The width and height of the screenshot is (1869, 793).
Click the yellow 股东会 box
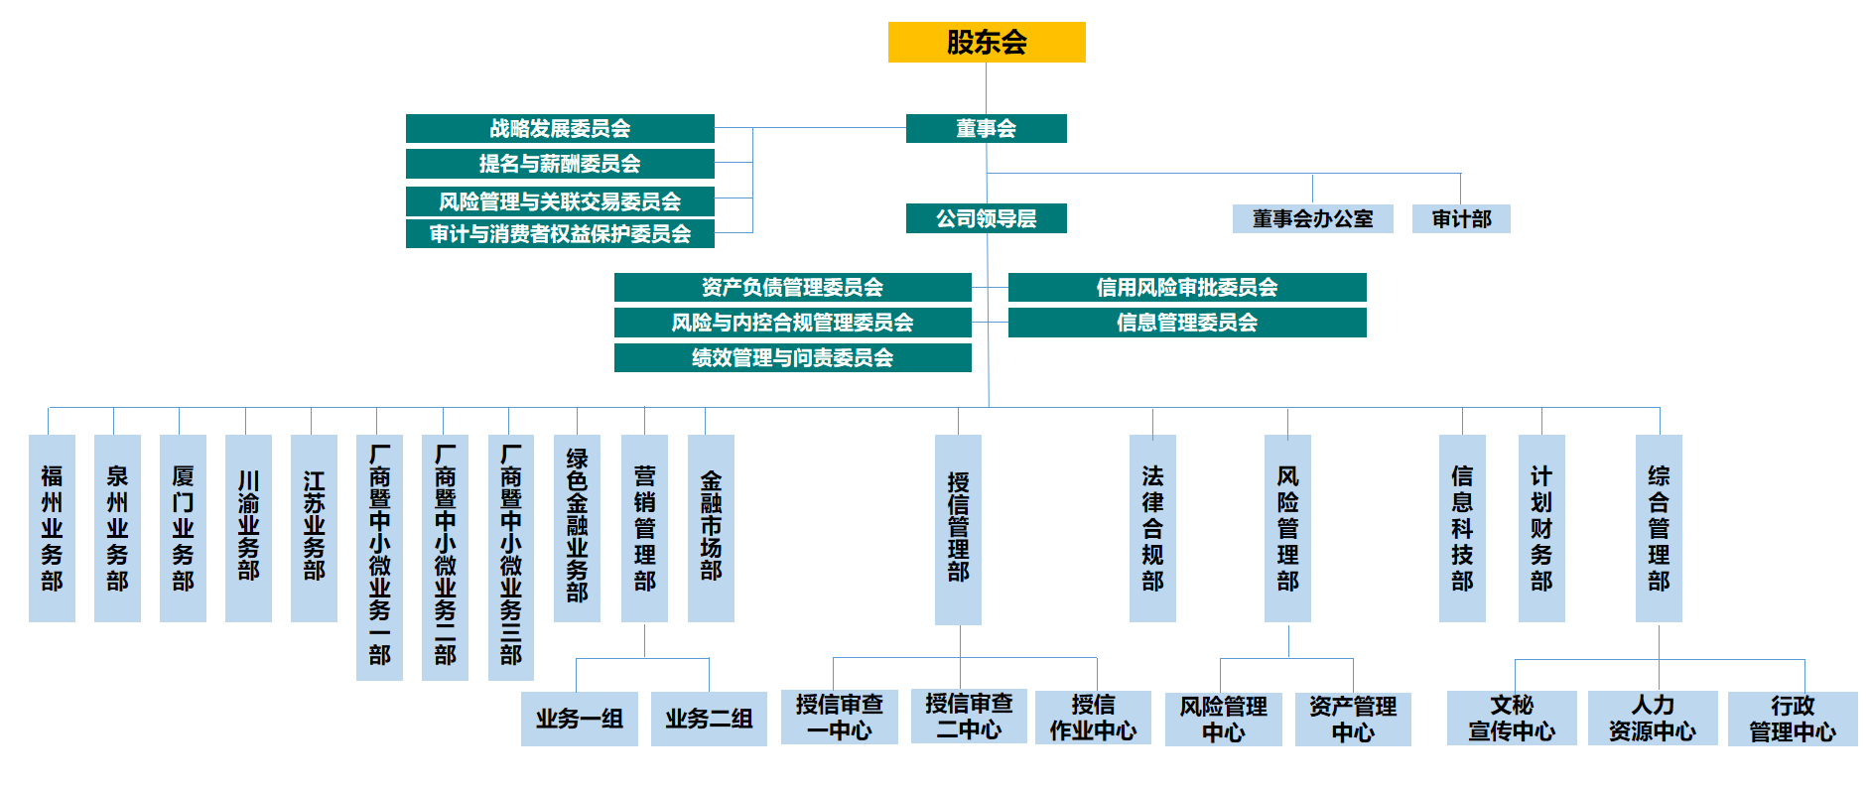(986, 42)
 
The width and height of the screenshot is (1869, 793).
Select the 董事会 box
(986, 128)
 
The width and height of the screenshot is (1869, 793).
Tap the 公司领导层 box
(986, 218)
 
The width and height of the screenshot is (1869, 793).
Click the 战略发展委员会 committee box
(560, 128)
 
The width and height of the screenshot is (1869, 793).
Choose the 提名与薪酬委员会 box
(560, 163)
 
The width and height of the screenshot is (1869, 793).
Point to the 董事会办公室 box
(1312, 218)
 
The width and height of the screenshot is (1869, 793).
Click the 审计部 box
(1461, 218)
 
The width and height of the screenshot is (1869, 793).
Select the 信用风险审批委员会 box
(1187, 287)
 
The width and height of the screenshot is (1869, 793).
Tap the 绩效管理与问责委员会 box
(792, 357)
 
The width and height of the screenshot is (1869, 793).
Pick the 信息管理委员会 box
(1187, 323)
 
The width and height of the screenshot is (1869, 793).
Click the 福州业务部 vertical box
(52, 528)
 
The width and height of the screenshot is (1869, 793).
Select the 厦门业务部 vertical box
(183, 528)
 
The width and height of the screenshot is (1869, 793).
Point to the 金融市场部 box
(711, 528)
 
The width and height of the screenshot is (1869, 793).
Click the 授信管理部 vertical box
(958, 529)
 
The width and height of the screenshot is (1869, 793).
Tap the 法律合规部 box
(1152, 528)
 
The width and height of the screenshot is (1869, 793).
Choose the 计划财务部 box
(1541, 528)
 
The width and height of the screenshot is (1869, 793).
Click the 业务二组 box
(709, 719)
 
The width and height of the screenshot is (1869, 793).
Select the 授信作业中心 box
(1093, 718)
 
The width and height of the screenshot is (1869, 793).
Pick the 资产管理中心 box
(1353, 720)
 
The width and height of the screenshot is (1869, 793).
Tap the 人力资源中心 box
(1653, 719)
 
